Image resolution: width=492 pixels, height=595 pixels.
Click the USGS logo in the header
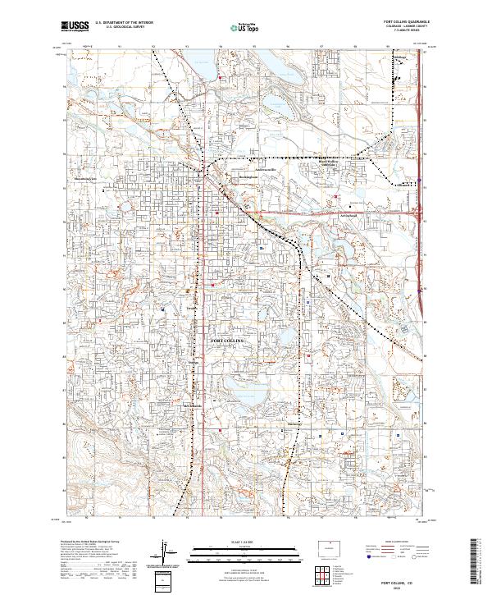[75, 26]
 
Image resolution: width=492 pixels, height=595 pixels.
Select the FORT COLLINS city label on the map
[228, 340]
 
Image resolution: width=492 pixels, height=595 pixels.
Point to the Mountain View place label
[329, 164]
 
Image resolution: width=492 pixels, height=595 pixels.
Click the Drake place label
[192, 308]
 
